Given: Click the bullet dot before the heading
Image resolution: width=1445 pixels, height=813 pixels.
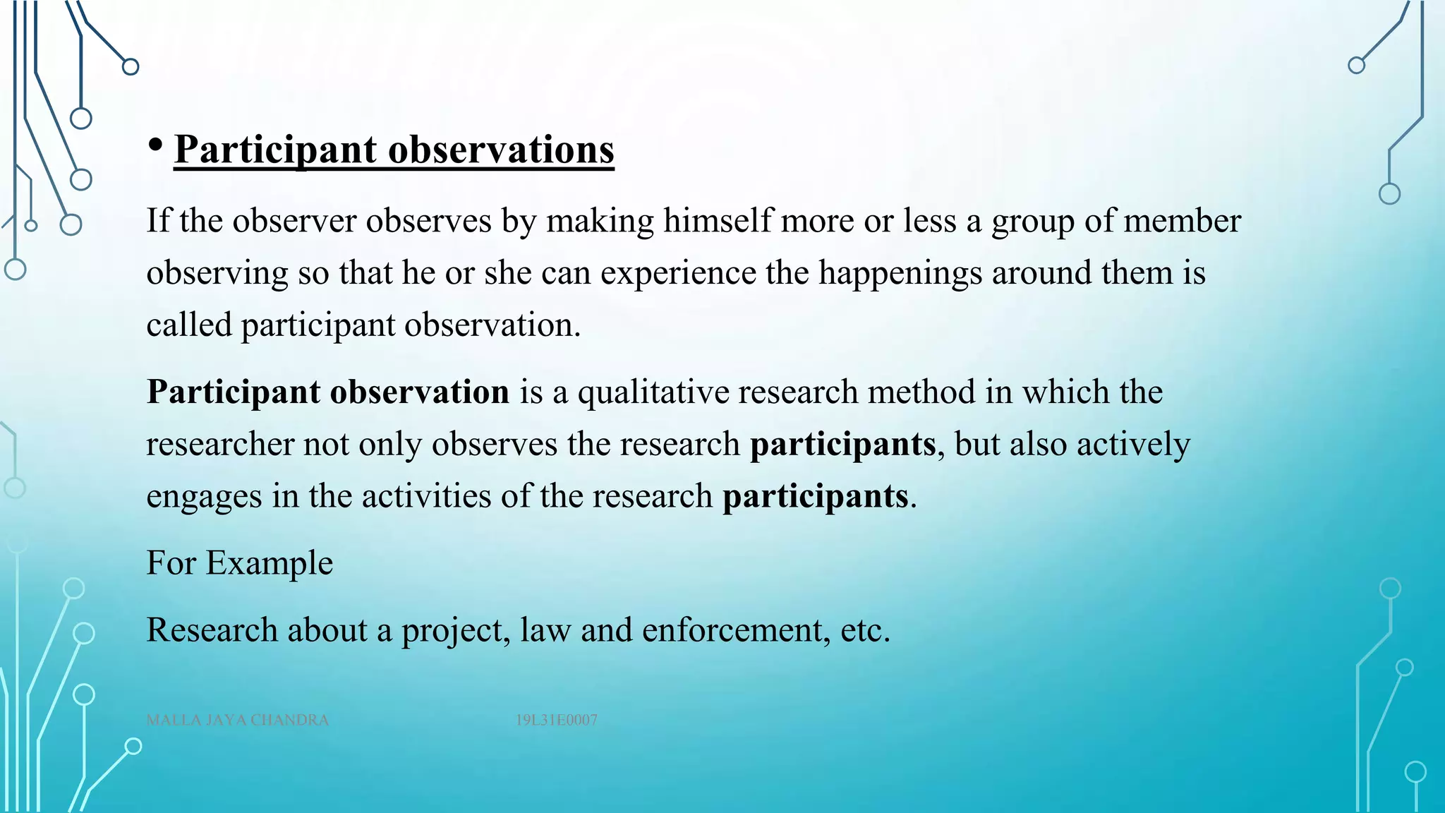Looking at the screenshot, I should coord(156,144).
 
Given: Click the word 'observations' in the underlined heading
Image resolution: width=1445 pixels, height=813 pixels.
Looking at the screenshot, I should coord(501,150).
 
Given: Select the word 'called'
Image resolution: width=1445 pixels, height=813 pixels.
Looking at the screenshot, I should coord(189,325).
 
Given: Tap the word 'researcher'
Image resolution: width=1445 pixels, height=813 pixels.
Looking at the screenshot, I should coord(220,445).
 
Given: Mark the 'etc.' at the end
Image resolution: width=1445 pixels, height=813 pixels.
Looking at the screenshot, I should coord(865,630).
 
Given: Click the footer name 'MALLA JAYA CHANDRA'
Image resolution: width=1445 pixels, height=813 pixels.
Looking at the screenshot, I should coord(238,721).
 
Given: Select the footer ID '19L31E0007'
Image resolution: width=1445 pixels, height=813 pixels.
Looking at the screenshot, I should coord(556,721).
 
